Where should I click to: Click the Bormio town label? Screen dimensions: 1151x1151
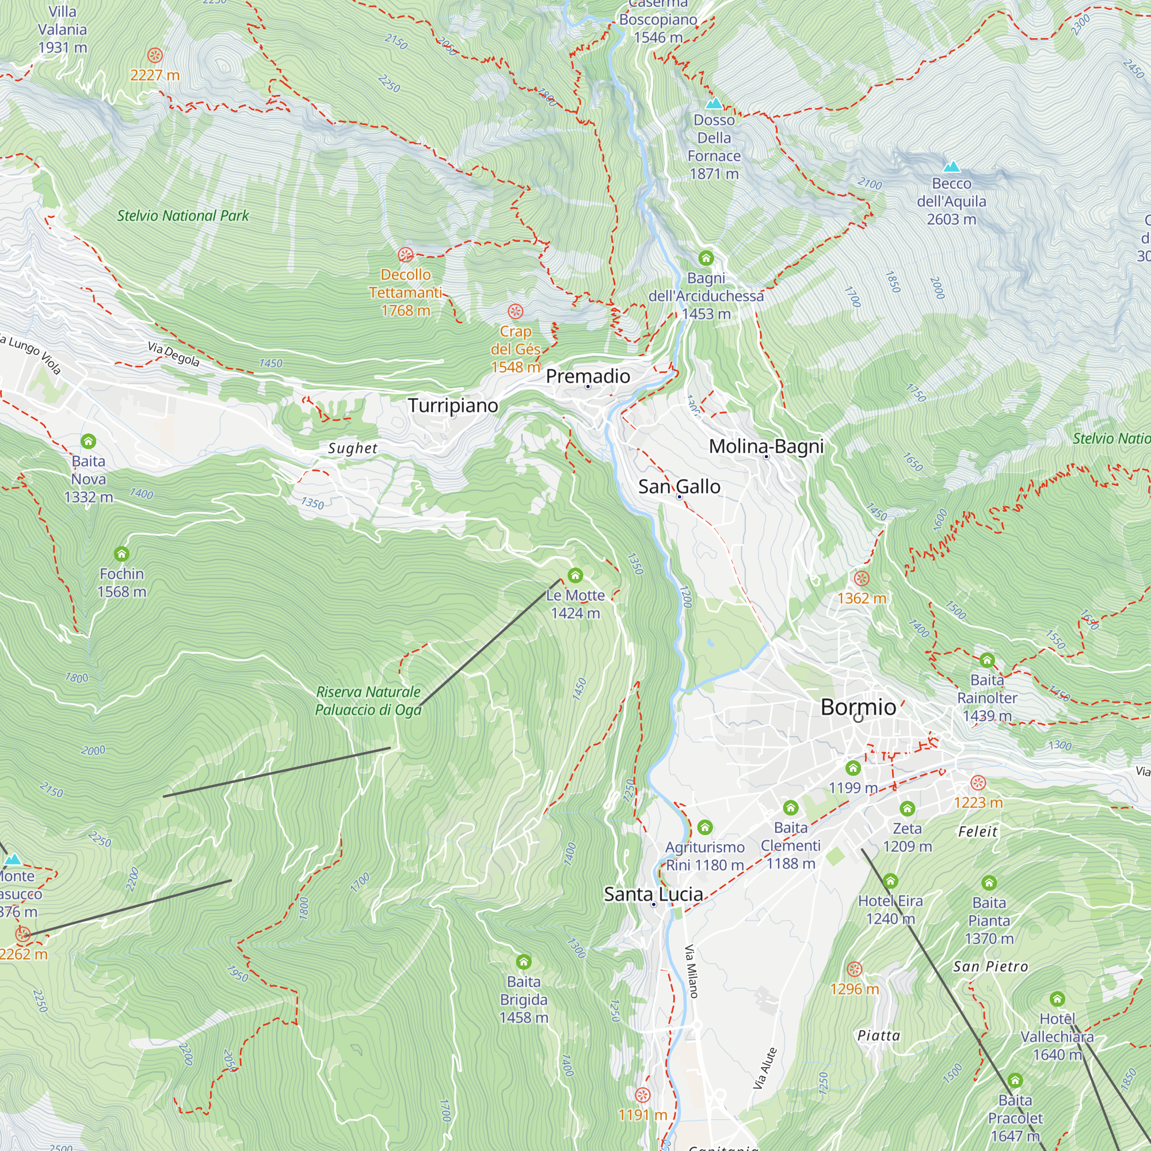[858, 707]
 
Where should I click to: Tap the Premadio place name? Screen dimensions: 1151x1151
[588, 376]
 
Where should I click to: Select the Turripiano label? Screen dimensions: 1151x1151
[453, 405]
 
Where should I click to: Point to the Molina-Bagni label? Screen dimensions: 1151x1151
[766, 445]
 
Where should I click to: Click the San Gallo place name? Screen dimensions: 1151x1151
[679, 486]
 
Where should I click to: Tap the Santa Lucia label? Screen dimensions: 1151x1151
[653, 894]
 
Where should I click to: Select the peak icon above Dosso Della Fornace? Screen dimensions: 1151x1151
[714, 103]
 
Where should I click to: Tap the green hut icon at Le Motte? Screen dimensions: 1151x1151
[575, 575]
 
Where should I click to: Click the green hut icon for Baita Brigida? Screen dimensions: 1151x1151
[523, 962]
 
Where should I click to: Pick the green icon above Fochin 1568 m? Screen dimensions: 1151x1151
[121, 554]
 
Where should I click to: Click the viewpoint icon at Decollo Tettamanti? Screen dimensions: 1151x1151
[406, 255]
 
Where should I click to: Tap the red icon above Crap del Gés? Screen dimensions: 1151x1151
[515, 311]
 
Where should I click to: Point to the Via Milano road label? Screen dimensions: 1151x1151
[691, 971]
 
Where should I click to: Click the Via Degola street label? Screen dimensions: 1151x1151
[173, 354]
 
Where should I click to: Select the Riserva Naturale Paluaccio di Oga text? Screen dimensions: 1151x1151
[368, 700]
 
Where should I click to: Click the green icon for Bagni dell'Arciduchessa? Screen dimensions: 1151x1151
[706, 258]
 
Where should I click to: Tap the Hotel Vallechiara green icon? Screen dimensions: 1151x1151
[1057, 998]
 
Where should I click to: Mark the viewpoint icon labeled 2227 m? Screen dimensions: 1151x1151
[155, 55]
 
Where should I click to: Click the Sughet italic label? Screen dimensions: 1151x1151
[353, 448]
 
